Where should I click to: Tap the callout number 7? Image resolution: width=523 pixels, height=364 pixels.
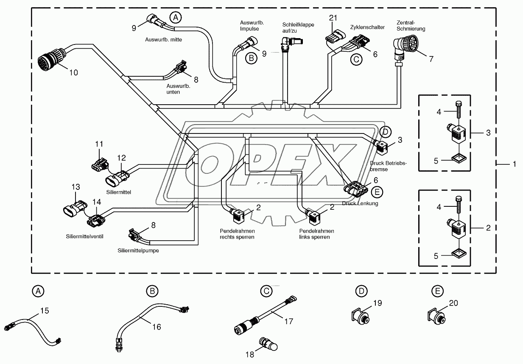(431, 59)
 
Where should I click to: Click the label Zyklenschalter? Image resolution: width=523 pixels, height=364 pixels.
(367, 27)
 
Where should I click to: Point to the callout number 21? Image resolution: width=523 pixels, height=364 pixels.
(333, 18)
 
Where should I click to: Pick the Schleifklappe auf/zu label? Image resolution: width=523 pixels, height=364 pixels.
(298, 28)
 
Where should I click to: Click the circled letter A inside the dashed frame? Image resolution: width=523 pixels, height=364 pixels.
(176, 17)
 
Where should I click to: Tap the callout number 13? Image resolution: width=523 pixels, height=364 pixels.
(76, 187)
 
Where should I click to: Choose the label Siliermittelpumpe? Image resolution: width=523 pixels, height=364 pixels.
(138, 250)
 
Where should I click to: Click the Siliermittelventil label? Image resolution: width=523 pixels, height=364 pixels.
(84, 236)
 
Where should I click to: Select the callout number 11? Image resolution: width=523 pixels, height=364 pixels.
(99, 144)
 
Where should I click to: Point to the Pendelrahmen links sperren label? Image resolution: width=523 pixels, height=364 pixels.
(316, 234)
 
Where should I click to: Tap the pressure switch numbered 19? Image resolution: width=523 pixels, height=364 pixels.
(360, 317)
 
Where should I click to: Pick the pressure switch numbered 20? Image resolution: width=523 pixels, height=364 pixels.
(436, 317)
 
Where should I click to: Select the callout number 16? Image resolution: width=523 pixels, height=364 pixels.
(157, 327)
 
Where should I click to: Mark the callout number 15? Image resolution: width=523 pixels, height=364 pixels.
(45, 311)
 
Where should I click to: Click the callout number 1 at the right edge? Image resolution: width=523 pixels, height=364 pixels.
(515, 164)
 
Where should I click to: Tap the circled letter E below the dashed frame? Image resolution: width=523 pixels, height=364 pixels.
(438, 291)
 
